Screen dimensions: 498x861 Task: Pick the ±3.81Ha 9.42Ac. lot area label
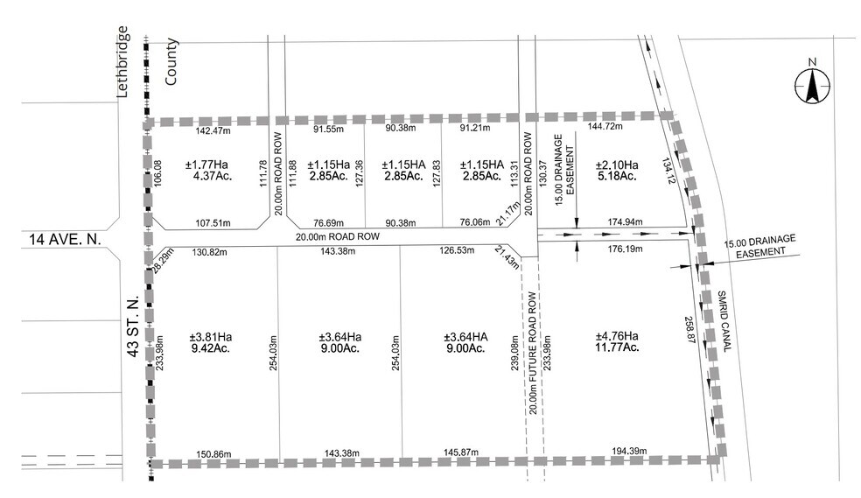coord(211,342)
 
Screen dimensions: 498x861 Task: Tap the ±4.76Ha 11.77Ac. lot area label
coord(617,342)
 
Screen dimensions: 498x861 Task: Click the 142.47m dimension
coord(213,131)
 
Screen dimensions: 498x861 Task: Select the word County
coord(171,60)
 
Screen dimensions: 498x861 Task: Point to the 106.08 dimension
coord(158,178)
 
